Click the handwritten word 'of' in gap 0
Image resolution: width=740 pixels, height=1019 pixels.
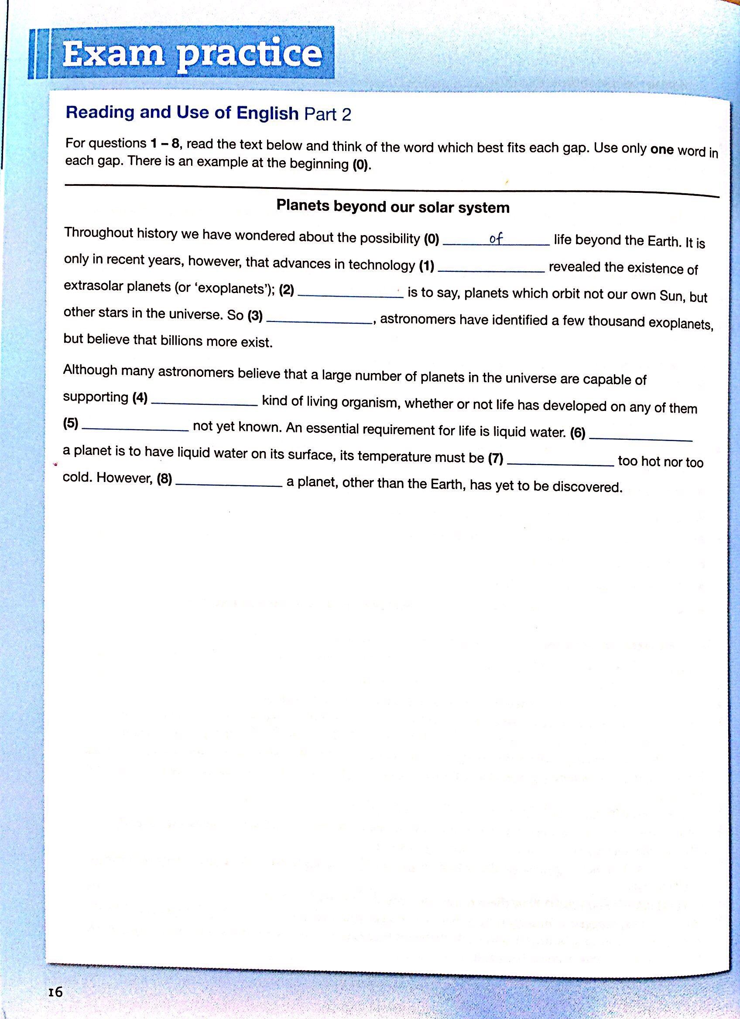point(496,240)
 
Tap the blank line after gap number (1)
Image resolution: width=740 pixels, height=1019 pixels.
point(490,270)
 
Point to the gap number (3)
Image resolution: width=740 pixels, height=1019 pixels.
point(256,316)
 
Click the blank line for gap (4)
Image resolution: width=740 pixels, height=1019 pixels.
point(205,403)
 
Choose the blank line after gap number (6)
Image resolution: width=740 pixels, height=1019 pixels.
point(640,438)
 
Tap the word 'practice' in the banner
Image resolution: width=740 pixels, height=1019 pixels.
point(250,57)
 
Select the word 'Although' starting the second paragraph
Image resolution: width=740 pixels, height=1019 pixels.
point(90,370)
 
